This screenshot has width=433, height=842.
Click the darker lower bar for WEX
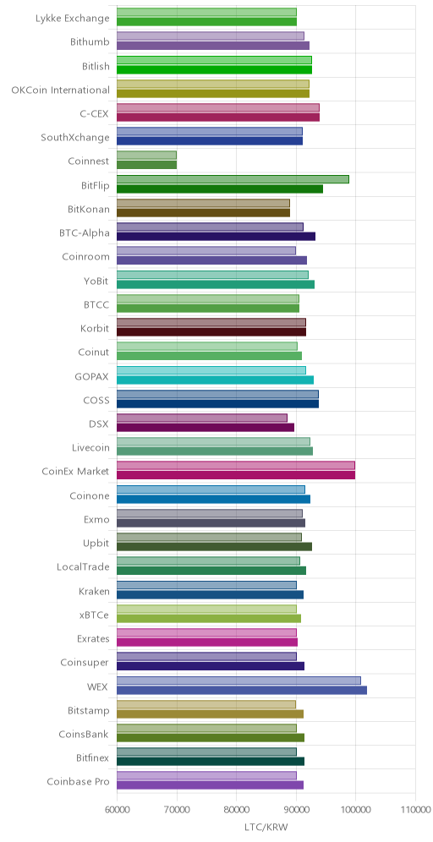click(242, 690)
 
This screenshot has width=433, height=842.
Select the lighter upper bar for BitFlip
click(233, 179)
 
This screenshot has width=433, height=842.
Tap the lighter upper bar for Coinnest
click(146, 156)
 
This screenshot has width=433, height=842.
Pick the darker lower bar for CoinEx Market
click(236, 475)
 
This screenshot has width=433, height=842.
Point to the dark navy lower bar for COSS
click(217, 404)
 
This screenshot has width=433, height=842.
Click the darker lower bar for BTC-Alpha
click(216, 236)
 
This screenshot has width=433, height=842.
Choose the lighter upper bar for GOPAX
click(211, 370)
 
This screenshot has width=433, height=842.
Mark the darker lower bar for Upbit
click(214, 547)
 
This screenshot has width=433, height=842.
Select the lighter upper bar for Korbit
click(211, 322)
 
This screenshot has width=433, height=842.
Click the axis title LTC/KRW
click(266, 828)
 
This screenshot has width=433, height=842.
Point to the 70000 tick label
click(177, 810)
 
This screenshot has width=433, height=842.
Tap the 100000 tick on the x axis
click(356, 810)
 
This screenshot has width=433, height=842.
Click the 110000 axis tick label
click(415, 810)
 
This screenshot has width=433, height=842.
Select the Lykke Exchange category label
click(73, 18)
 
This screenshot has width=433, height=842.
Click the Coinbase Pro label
click(79, 781)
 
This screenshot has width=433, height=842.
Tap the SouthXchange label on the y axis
click(75, 137)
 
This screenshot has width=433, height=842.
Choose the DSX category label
click(99, 424)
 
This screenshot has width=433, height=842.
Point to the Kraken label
click(94, 591)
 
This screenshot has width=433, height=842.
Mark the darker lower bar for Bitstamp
click(210, 714)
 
